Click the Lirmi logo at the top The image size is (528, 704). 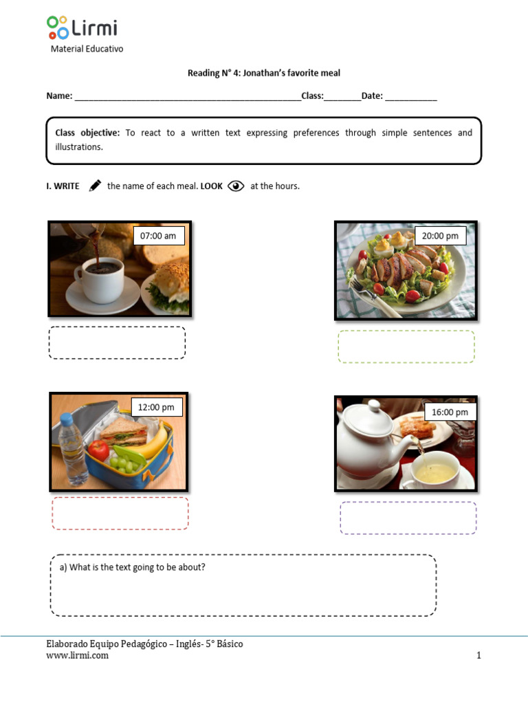coord(82,28)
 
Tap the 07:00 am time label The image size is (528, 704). coord(158,236)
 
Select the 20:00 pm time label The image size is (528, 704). coord(440,236)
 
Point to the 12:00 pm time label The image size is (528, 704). coord(156,407)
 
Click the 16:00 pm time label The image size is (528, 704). coord(450,412)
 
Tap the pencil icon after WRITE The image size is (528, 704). coord(95,186)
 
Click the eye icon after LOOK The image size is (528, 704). coord(236,186)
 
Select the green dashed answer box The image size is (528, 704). coord(406,346)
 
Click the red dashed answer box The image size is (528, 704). coord(120,514)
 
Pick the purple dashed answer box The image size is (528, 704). coord(408,518)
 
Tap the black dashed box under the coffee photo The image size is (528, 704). coord(117,342)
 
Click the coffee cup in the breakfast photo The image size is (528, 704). coord(100,278)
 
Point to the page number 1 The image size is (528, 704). coord(478,655)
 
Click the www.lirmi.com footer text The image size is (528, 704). coord(77,655)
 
